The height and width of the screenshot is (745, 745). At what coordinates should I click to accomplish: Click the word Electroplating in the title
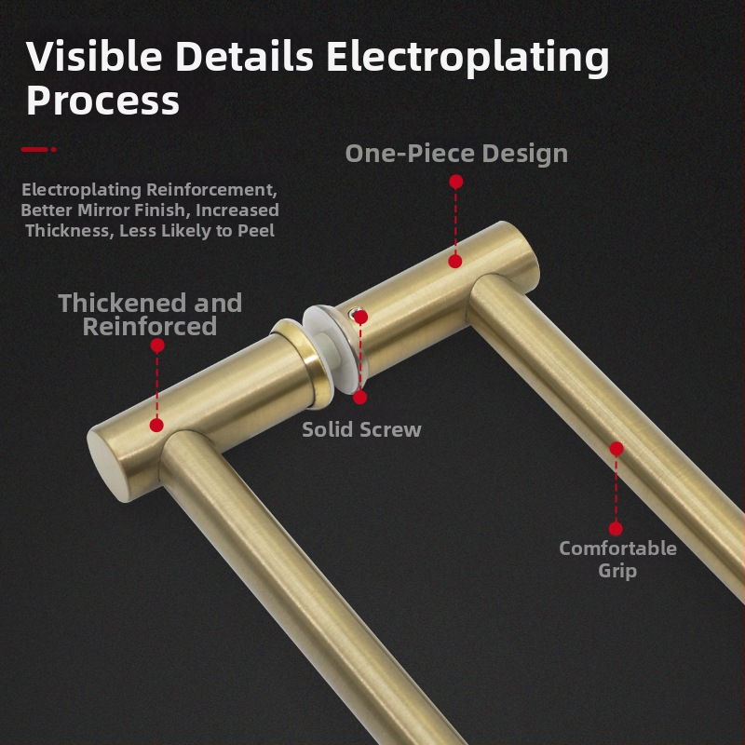tap(467, 58)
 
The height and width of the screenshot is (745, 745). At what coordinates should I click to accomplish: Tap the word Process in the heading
tap(102, 101)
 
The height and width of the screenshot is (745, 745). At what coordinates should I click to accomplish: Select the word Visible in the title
tap(94, 56)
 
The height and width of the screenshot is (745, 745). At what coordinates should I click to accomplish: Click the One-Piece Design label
tap(456, 154)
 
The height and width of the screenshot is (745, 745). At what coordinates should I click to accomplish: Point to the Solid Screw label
tap(361, 429)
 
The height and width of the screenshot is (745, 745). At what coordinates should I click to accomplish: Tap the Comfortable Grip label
tap(617, 560)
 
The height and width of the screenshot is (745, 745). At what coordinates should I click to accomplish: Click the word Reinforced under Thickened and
tap(150, 327)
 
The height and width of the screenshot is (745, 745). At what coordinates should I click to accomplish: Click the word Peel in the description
tap(255, 230)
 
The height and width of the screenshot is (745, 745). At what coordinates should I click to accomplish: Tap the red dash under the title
tap(38, 149)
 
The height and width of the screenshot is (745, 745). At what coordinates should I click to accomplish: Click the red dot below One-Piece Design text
tap(455, 182)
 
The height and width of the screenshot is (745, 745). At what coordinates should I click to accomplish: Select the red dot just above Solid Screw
tap(360, 398)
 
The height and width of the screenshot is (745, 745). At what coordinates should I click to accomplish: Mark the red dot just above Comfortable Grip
tap(616, 528)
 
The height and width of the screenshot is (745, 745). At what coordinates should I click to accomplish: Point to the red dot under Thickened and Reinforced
tap(157, 345)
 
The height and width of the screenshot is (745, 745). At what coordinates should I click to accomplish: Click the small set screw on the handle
tap(354, 313)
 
